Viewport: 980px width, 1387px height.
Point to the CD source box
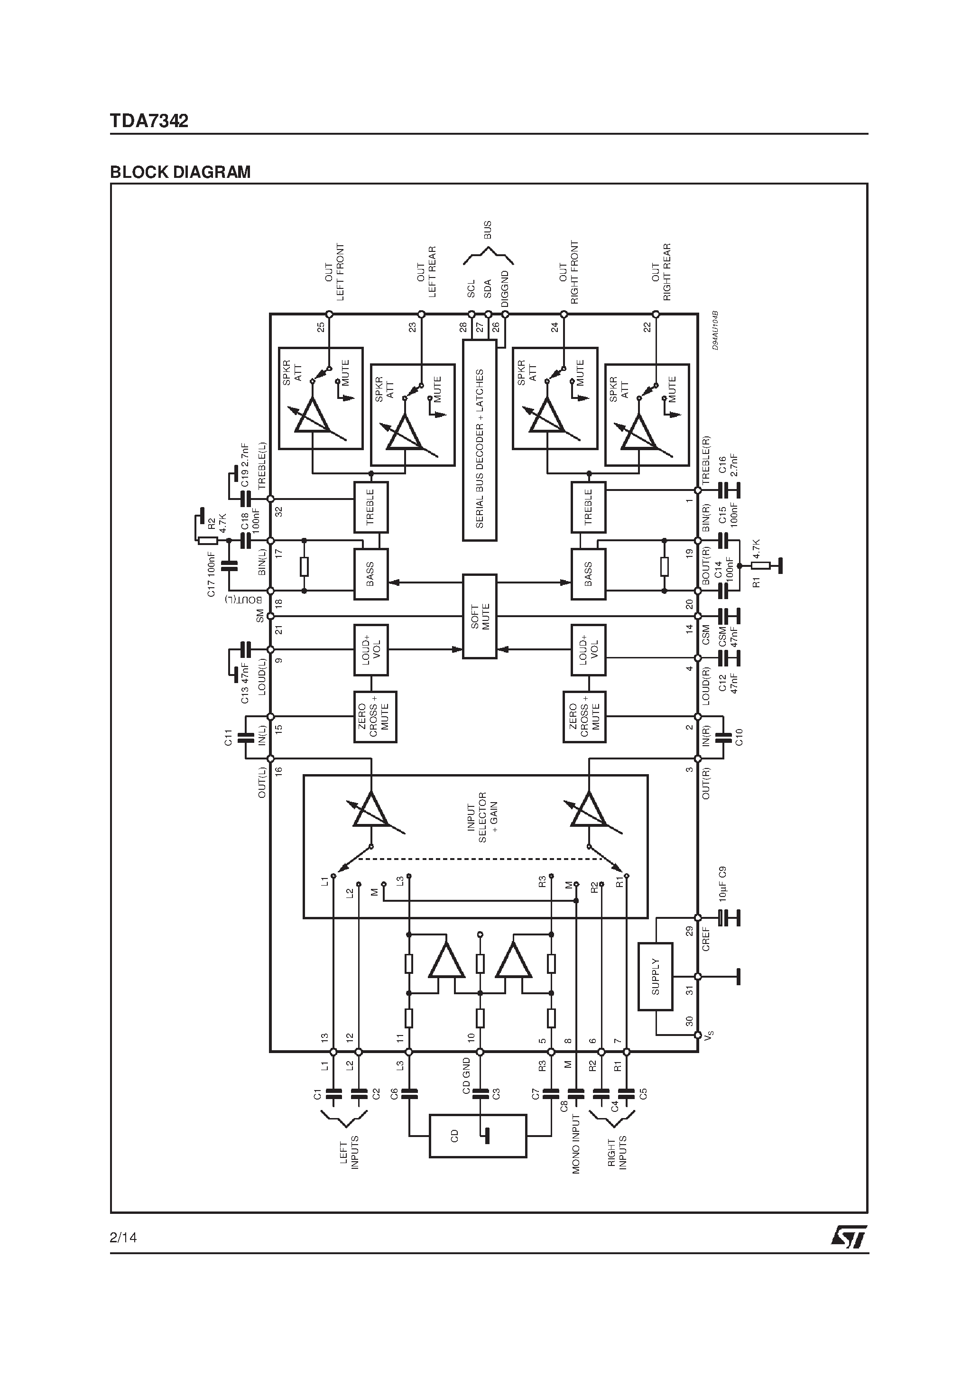tap(477, 1136)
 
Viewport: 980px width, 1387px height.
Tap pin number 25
tap(321, 327)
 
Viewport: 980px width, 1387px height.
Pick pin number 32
tap(278, 510)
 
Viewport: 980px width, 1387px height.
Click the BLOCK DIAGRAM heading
tap(180, 172)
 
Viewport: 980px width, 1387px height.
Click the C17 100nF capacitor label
tap(212, 574)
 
